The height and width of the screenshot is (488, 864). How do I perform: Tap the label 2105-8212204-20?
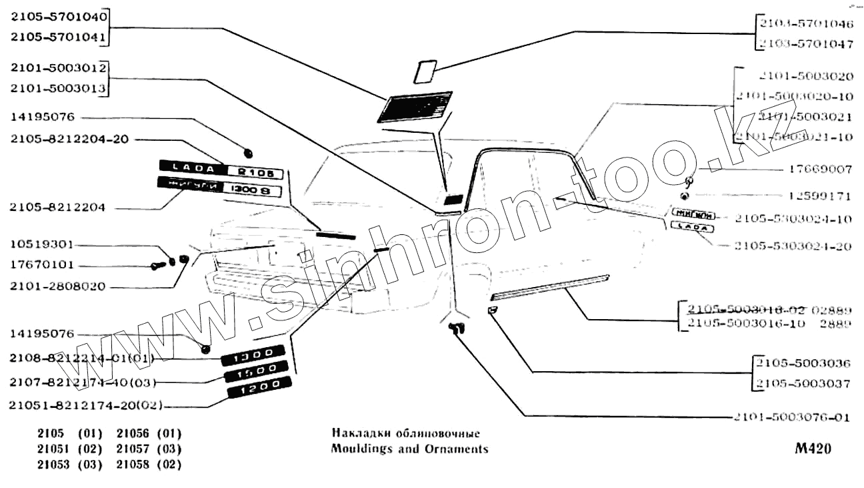click(x=69, y=140)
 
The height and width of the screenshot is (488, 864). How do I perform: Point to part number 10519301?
click(x=42, y=244)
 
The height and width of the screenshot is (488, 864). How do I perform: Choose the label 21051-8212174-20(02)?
click(x=86, y=405)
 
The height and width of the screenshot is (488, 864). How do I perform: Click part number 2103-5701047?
click(x=805, y=45)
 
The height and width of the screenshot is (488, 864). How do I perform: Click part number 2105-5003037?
click(x=803, y=384)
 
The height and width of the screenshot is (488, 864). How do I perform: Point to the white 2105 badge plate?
click(x=255, y=173)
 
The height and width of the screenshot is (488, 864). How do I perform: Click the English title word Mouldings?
click(x=360, y=449)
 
